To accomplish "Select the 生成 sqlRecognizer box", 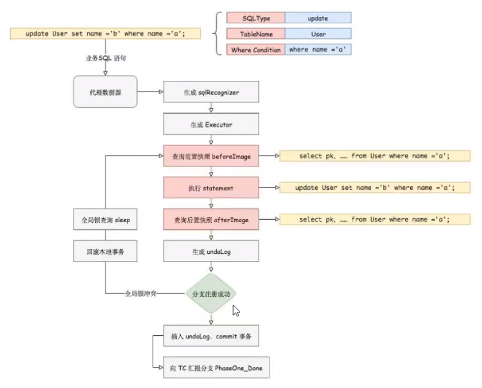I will pyautogui.click(x=211, y=93).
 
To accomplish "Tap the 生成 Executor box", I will pyautogui.click(x=211, y=125).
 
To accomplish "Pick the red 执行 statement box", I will pyautogui.click(x=211, y=188).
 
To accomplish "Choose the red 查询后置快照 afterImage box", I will pyautogui.click(x=211, y=220).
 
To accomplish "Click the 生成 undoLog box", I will pyautogui.click(x=211, y=252).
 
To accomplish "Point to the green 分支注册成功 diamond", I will pyautogui.click(x=211, y=293).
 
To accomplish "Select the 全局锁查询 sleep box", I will pyautogui.click(x=105, y=220).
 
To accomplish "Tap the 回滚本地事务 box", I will pyautogui.click(x=105, y=251).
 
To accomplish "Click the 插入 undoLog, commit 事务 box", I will pyautogui.click(x=211, y=337).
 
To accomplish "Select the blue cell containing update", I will pyautogui.click(x=317, y=19).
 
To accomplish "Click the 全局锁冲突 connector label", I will pyautogui.click(x=141, y=294).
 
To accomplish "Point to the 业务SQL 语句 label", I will pyautogui.click(x=106, y=58).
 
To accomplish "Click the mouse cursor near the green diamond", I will pyautogui.click(x=236, y=310).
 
